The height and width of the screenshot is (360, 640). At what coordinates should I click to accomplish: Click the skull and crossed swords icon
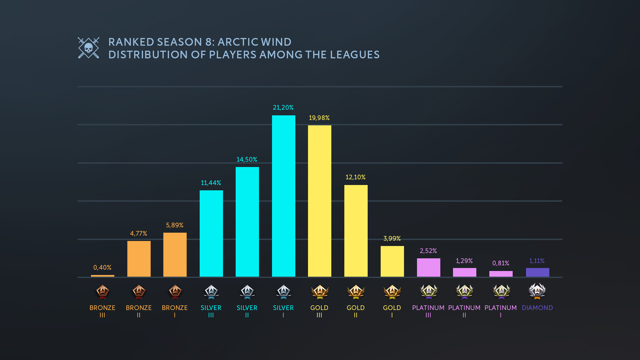tap(88, 48)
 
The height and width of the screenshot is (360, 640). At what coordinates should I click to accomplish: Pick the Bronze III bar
tap(102, 276)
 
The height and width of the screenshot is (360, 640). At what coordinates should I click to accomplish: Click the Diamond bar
tap(537, 272)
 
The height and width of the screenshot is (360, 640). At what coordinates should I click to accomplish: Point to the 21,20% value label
tap(283, 108)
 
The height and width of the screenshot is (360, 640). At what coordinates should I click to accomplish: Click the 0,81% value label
tap(501, 263)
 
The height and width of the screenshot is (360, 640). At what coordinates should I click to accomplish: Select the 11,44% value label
tap(211, 183)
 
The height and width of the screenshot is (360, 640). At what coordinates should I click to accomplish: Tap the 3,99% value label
tap(392, 239)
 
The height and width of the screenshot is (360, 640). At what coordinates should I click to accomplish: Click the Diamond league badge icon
tap(537, 291)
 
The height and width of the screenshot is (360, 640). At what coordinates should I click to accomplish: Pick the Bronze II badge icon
tap(139, 292)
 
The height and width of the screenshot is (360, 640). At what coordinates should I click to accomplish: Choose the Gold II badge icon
tap(356, 292)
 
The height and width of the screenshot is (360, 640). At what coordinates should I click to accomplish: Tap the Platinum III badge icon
tap(428, 292)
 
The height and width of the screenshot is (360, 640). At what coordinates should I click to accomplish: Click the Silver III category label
tap(211, 311)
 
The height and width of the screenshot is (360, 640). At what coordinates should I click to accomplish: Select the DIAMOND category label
tap(537, 308)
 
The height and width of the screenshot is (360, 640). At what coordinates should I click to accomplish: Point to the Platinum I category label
tap(501, 311)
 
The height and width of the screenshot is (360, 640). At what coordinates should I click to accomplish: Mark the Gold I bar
tap(392, 261)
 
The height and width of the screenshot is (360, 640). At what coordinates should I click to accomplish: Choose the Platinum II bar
tap(464, 272)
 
